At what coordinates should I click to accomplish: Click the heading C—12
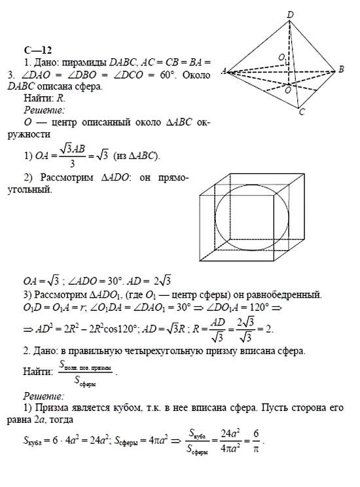tap(34, 50)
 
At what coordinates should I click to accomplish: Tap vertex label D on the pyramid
tap(290, 14)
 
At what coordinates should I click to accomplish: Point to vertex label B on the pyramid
tap(341, 69)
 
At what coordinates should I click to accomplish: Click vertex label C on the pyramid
tap(302, 112)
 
